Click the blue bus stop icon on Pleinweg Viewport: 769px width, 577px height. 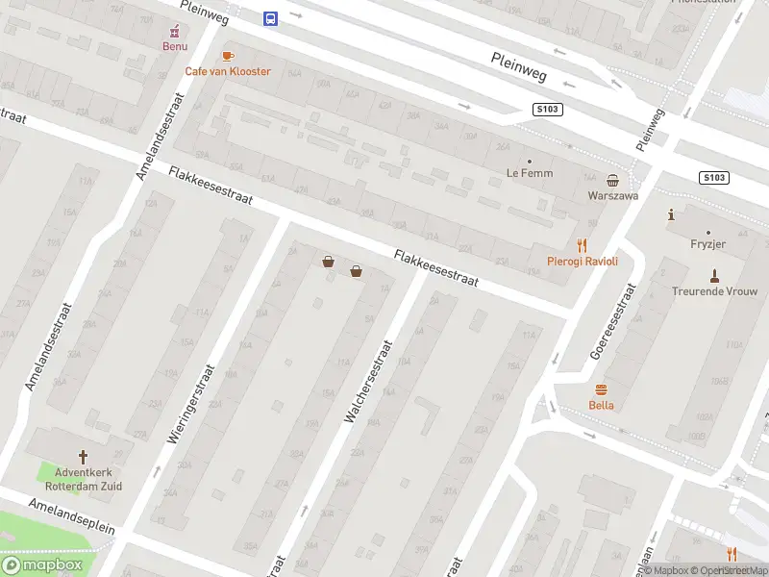pyautogui.click(x=270, y=17)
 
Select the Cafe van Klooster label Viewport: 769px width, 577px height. pyautogui.click(x=228, y=71)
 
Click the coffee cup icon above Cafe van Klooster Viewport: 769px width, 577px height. pyautogui.click(x=228, y=56)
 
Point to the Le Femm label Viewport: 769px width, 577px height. pyautogui.click(x=527, y=173)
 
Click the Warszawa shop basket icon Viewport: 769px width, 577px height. pyautogui.click(x=612, y=180)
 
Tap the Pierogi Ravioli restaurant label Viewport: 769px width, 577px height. pyautogui.click(x=582, y=261)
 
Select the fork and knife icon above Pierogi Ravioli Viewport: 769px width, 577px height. pyautogui.click(x=582, y=245)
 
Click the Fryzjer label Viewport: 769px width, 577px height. pyautogui.click(x=707, y=245)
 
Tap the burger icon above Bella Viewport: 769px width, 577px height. pyautogui.click(x=602, y=389)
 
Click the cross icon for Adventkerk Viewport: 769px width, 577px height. pyautogui.click(x=83, y=457)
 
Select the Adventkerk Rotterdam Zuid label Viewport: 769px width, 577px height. pyautogui.click(x=83, y=479)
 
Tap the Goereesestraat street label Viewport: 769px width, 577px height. pyautogui.click(x=611, y=320)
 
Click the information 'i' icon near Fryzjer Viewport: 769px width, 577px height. pyautogui.click(x=671, y=214)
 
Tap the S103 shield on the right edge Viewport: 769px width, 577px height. pyautogui.click(x=713, y=178)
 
